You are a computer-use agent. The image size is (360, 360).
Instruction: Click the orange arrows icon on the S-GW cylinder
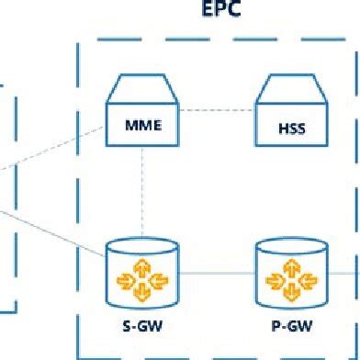point(141,278)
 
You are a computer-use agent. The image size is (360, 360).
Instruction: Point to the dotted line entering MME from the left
point(55,152)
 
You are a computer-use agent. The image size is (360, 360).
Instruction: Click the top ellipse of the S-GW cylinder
point(141,245)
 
